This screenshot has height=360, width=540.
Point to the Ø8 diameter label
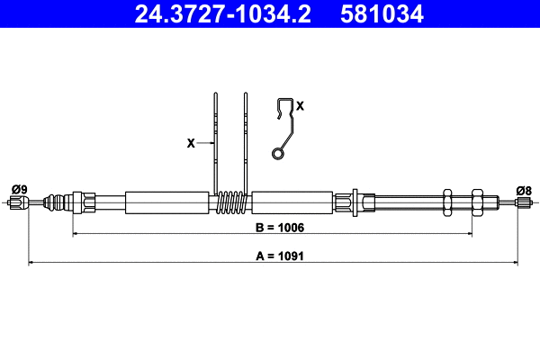coord(524,189)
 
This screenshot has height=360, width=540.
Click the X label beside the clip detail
coord(301,105)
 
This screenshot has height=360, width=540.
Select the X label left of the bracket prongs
coord(190,142)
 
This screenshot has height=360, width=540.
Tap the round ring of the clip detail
coord(279,155)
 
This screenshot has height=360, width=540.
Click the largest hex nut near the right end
coord(476,202)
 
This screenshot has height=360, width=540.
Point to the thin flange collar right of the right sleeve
coord(357,202)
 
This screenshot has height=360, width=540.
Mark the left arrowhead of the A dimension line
coord(32,263)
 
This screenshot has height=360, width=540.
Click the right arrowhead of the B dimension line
coord(469,234)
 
